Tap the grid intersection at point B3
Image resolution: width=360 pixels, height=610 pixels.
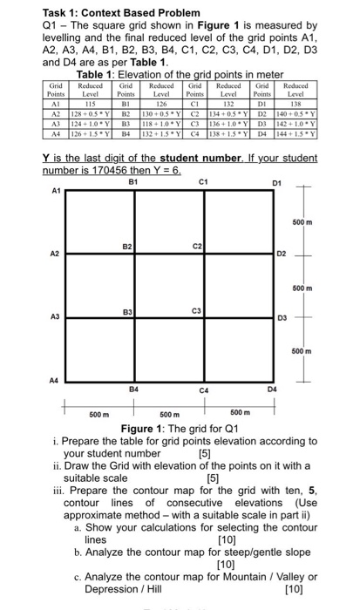click(x=135, y=317)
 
